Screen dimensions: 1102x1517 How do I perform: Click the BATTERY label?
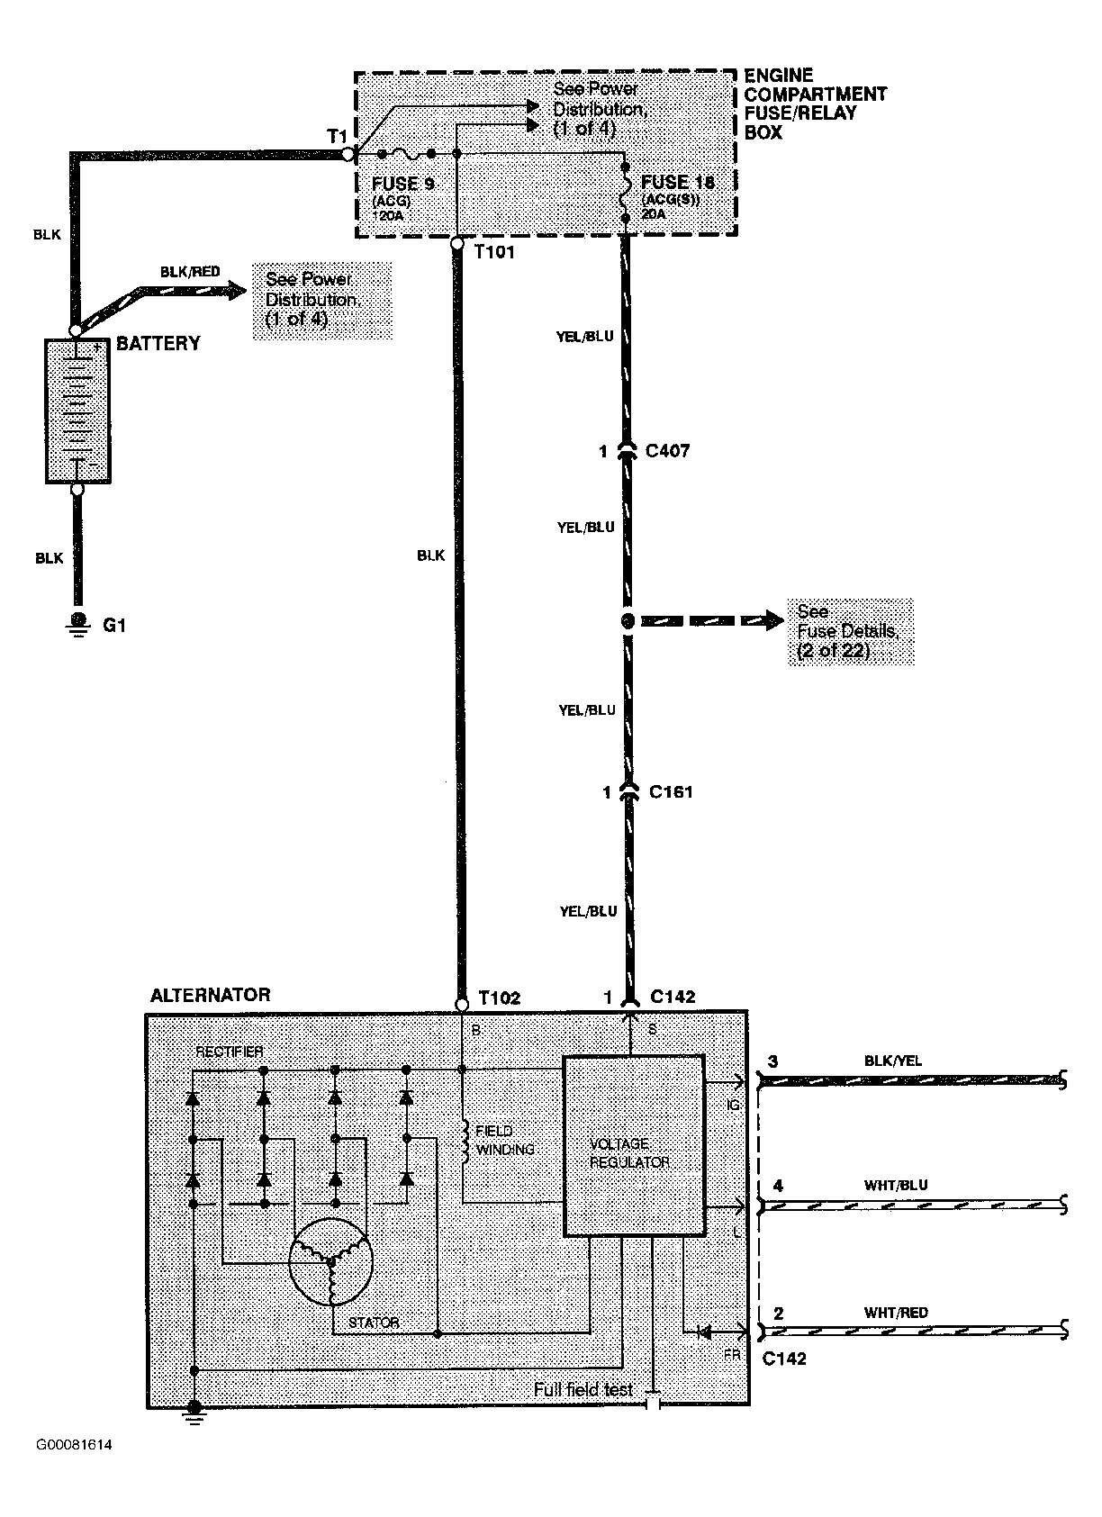point(158,343)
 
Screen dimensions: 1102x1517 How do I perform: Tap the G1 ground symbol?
point(78,624)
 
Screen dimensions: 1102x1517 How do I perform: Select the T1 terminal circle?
point(348,155)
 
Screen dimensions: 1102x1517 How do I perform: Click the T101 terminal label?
point(493,252)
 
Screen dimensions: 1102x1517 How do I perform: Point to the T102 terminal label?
point(499,998)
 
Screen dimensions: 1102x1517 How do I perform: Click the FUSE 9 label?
point(403,184)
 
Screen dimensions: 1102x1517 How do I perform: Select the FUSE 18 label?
point(677,182)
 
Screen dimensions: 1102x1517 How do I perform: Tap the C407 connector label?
point(667,450)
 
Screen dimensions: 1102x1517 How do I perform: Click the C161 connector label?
point(671,791)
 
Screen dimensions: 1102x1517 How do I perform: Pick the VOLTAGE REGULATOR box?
point(635,1145)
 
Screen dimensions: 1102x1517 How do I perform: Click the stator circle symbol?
point(330,1261)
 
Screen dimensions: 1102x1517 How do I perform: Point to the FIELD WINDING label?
point(504,1140)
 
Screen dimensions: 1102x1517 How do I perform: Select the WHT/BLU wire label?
point(896,1185)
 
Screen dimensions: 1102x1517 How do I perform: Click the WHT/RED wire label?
point(896,1313)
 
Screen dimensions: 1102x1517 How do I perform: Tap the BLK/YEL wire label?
point(893,1061)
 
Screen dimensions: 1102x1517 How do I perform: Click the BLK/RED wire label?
point(190,272)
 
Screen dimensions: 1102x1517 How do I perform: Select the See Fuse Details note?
point(850,631)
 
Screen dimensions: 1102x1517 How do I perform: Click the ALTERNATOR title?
point(210,995)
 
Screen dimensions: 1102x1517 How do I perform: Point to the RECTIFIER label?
point(229,1052)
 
